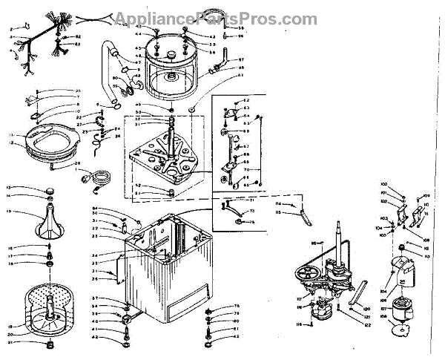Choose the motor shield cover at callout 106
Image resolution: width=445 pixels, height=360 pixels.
pos(403,272)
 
